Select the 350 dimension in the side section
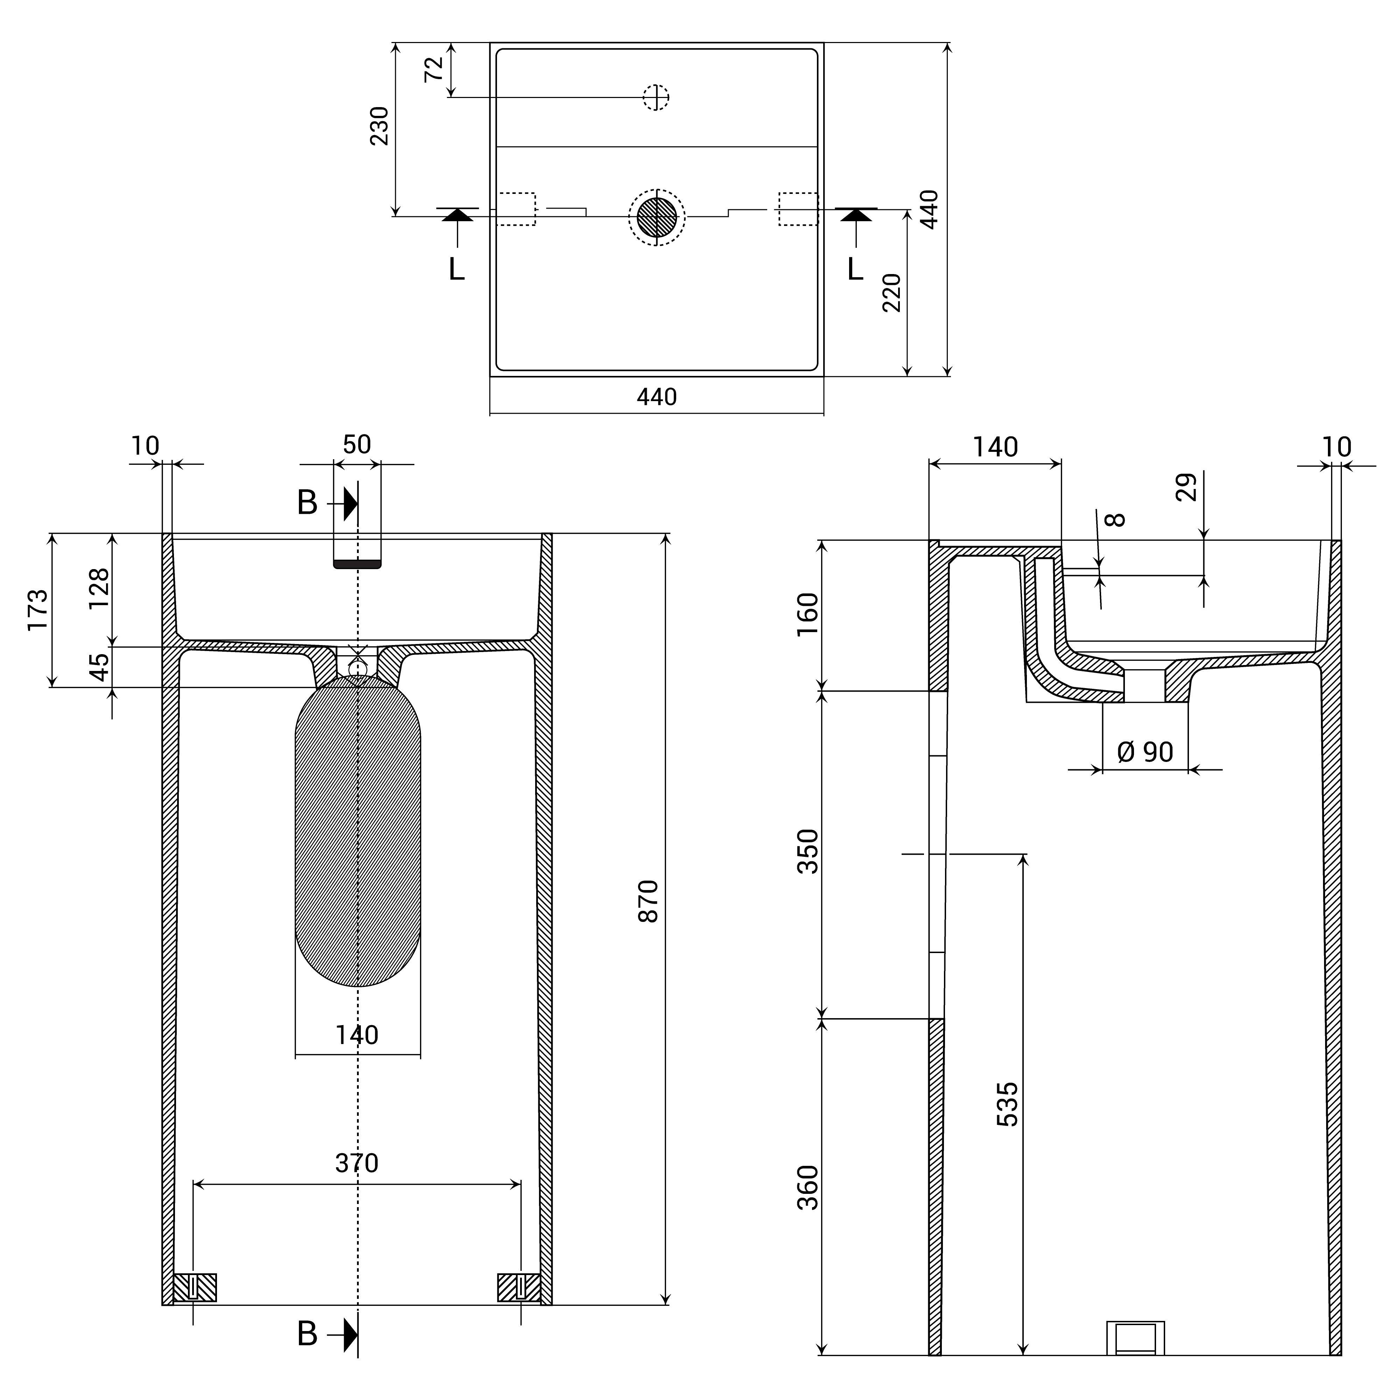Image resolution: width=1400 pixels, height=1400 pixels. (807, 852)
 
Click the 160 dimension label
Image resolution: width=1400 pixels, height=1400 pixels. (807, 614)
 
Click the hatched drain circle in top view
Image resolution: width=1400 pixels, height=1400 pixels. (657, 217)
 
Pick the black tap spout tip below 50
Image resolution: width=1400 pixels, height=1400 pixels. (357, 564)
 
